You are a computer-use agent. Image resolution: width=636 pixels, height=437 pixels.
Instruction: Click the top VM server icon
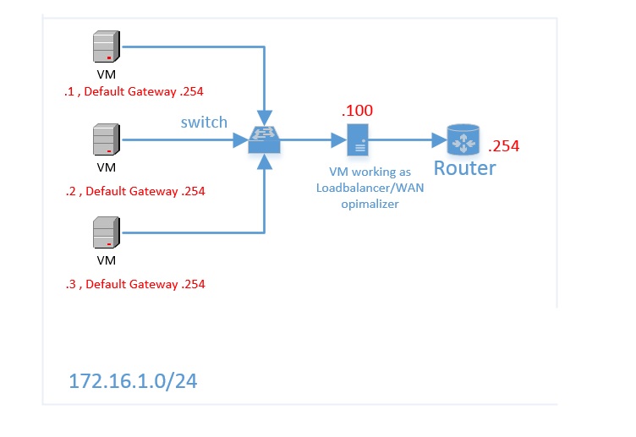(106, 47)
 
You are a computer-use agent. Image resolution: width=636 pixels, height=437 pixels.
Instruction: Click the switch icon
(265, 139)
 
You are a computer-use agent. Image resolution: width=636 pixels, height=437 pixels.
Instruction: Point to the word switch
(204, 122)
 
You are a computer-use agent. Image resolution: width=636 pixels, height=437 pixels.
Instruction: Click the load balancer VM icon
(358, 139)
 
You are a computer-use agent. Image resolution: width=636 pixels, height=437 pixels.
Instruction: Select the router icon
(463, 139)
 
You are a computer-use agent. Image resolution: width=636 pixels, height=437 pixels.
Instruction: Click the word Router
(464, 167)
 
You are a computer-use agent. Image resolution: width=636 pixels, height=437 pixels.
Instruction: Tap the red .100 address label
(357, 111)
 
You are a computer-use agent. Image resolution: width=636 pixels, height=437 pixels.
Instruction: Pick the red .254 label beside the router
(504, 146)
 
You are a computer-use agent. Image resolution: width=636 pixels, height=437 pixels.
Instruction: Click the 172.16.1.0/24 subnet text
(133, 381)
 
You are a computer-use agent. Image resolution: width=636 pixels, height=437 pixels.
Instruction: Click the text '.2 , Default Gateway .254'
(134, 191)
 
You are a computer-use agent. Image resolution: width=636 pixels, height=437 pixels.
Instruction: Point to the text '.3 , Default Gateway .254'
(134, 284)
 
